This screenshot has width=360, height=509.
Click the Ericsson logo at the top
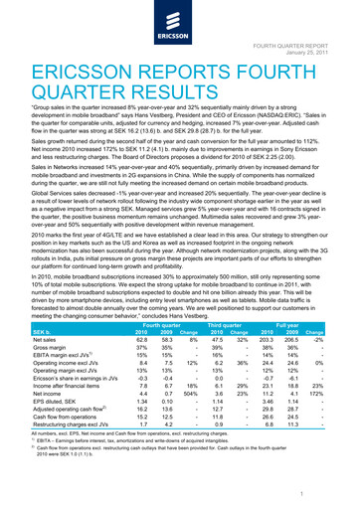click(x=180, y=24)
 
